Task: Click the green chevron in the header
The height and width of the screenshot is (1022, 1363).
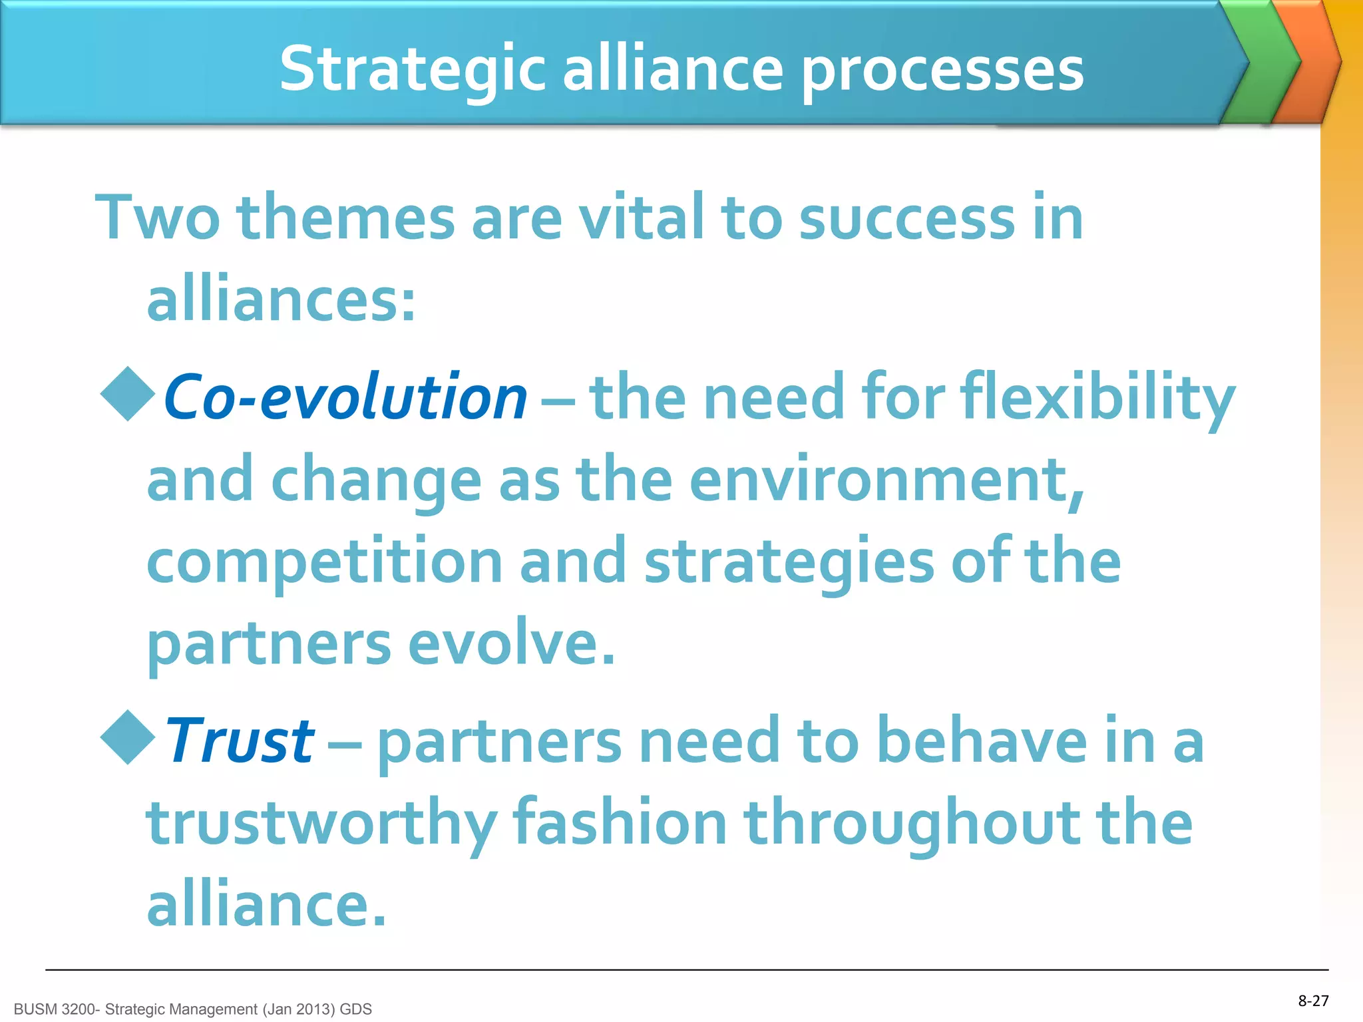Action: pyautogui.click(x=1260, y=63)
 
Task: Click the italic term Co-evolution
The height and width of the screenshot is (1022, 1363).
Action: pyautogui.click(x=345, y=398)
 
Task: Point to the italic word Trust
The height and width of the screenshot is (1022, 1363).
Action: pyautogui.click(x=240, y=741)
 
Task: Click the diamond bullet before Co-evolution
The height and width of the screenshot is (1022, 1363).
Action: pyautogui.click(x=128, y=394)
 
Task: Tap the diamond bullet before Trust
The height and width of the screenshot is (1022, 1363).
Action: pyautogui.click(x=128, y=737)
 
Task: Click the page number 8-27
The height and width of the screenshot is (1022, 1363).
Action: pyautogui.click(x=1313, y=1001)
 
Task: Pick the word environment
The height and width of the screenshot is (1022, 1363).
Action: pyautogui.click(x=887, y=480)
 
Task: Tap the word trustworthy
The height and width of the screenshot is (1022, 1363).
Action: pyautogui.click(x=321, y=824)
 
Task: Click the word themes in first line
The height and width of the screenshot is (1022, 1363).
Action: pyautogui.click(x=345, y=218)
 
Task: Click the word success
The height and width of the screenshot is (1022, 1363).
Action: pyautogui.click(x=906, y=218)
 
